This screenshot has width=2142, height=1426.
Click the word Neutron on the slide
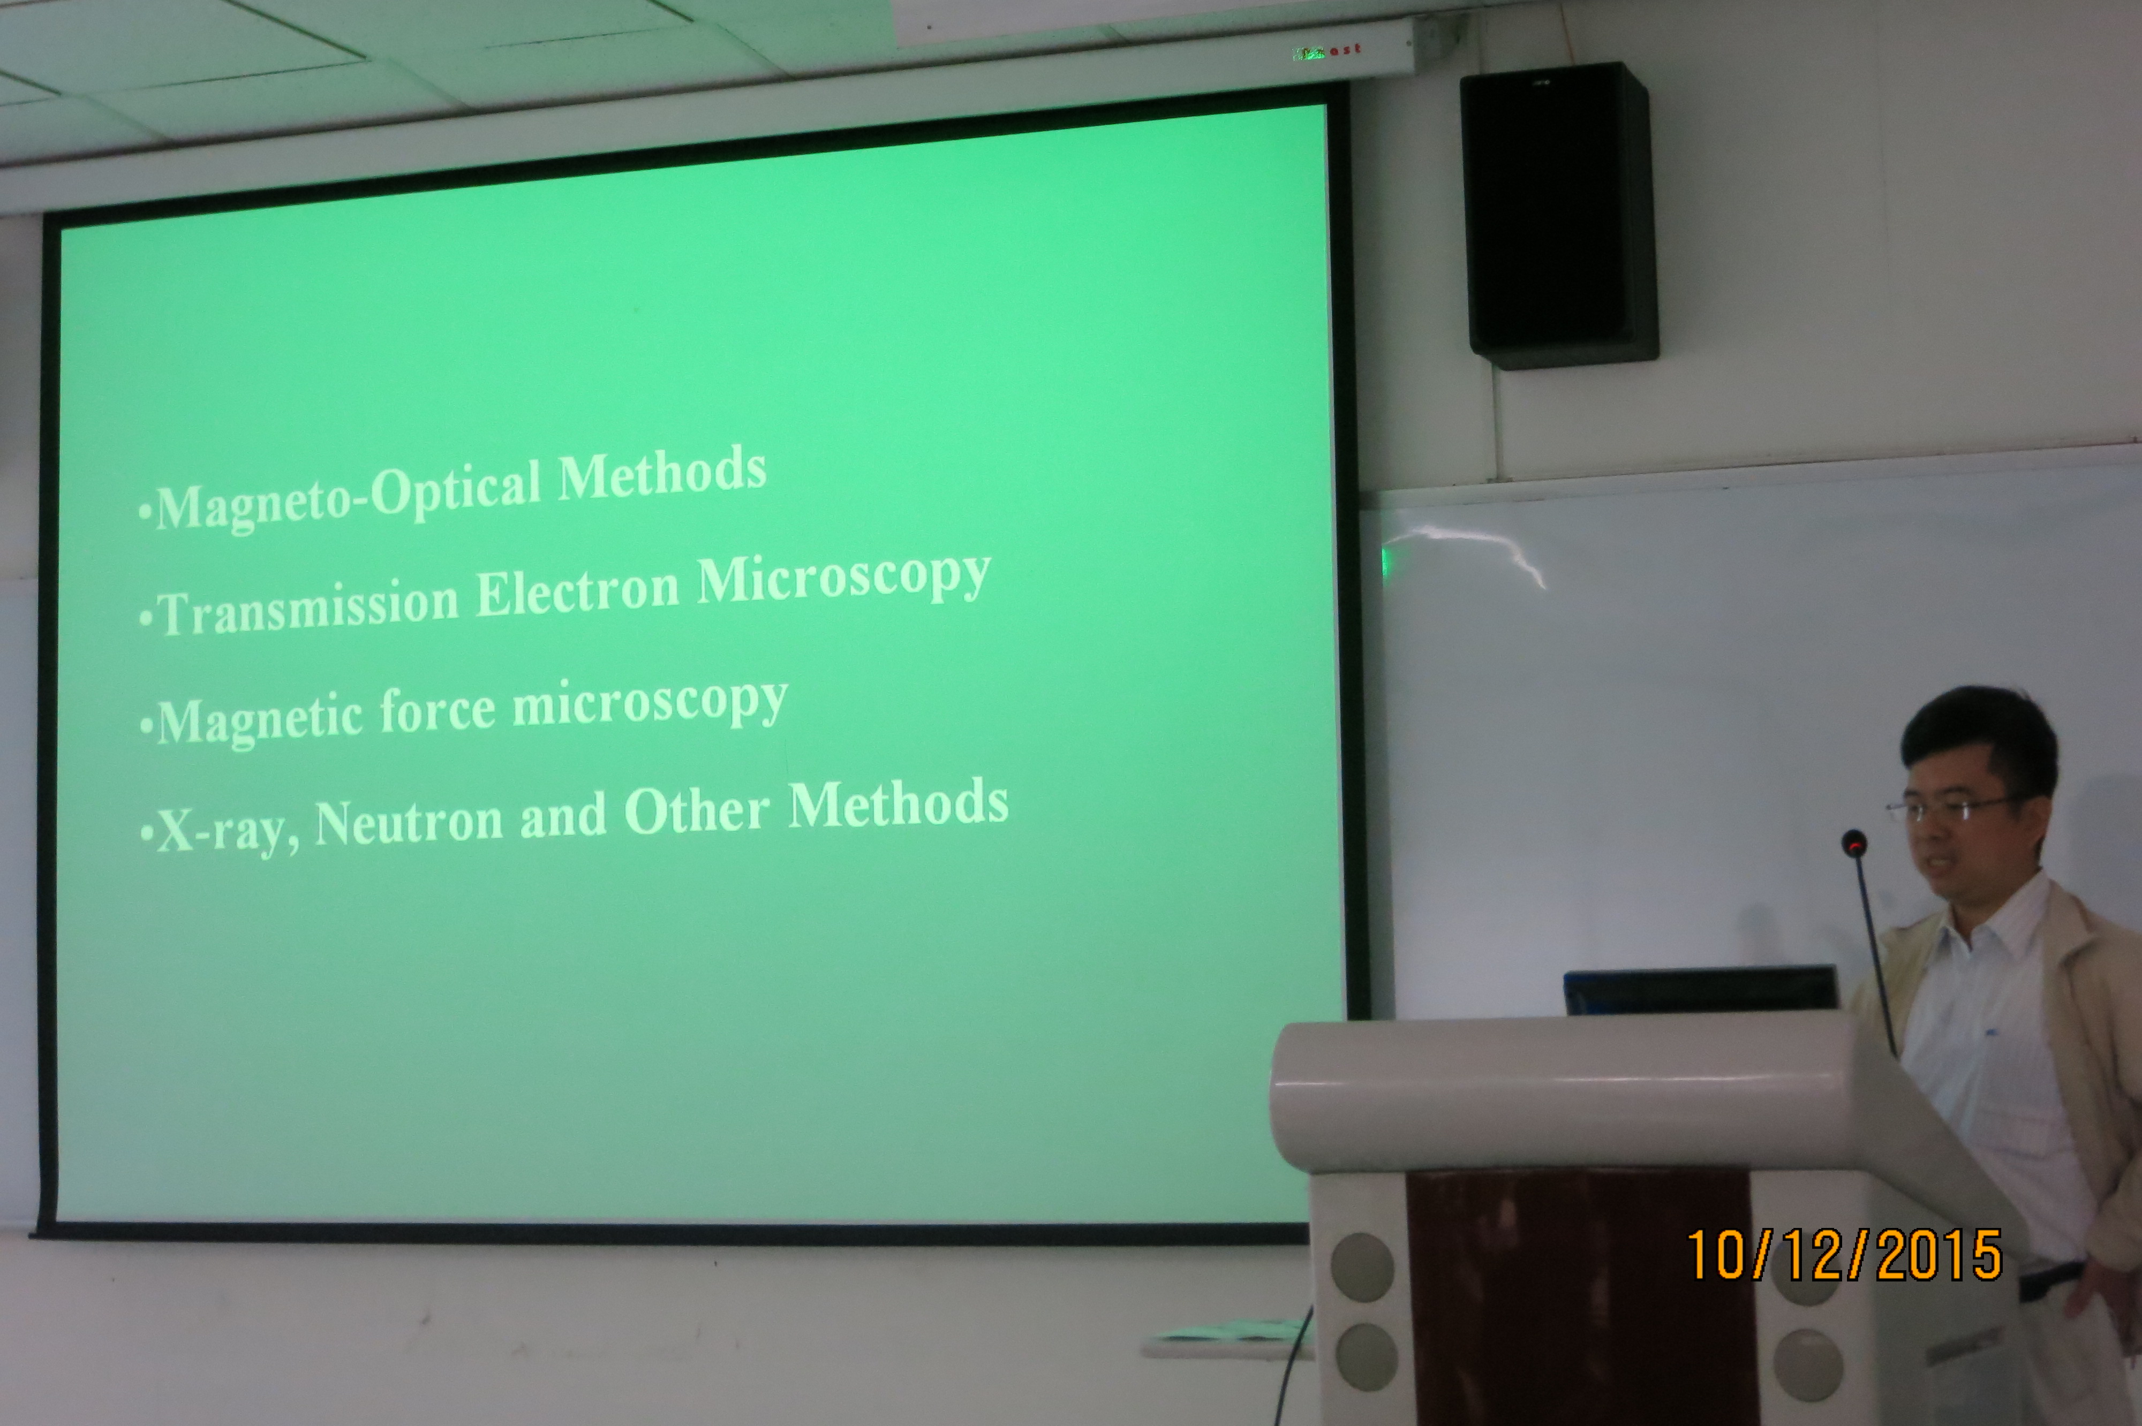click(x=409, y=822)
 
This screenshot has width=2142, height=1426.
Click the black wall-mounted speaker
click(x=1558, y=216)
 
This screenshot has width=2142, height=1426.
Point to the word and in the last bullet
click(x=562, y=816)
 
